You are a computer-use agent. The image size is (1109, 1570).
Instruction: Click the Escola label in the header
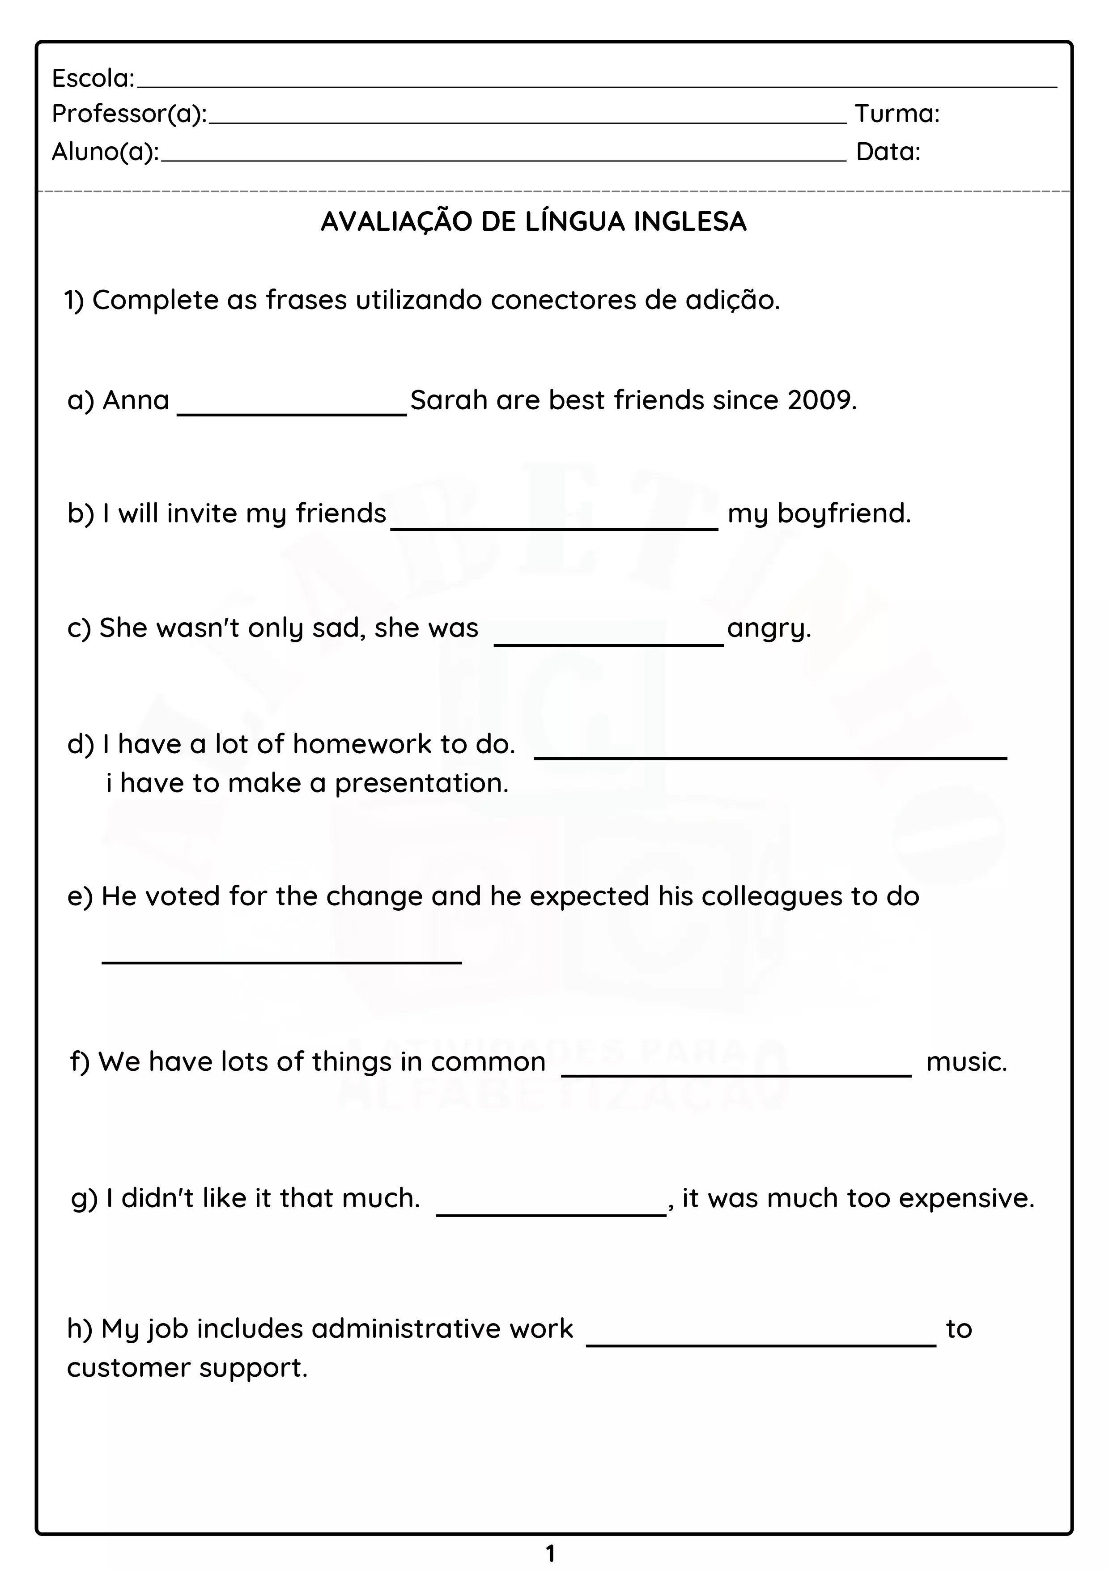click(x=93, y=79)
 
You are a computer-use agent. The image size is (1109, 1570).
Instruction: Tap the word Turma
click(x=897, y=114)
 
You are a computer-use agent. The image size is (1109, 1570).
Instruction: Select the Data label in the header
click(x=888, y=152)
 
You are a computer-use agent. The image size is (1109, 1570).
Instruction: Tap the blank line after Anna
click(x=292, y=412)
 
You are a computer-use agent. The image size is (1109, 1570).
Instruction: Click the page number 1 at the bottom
click(x=550, y=1553)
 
